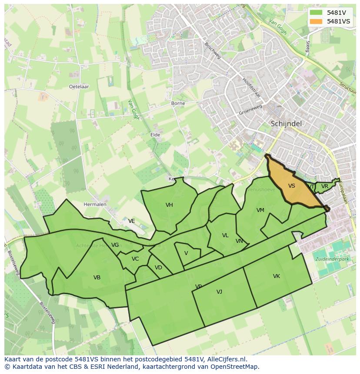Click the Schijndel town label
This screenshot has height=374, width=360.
(286, 123)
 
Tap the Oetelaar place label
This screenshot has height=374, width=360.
(79, 86)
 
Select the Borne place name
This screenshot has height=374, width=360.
(178, 103)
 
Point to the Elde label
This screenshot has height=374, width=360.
(155, 135)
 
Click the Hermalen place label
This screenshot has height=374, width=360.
(95, 204)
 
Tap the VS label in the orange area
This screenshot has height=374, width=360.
(292, 186)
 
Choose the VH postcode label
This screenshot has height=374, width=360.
(169, 205)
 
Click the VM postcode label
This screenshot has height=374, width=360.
(260, 210)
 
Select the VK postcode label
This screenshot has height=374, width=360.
(277, 276)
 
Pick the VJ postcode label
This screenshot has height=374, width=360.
(219, 292)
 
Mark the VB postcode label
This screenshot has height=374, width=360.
(97, 278)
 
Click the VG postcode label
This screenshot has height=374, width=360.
(115, 245)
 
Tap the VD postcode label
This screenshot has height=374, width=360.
(158, 268)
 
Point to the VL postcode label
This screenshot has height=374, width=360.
(225, 235)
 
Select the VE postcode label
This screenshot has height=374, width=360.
(131, 221)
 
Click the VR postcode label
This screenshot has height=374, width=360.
(324, 186)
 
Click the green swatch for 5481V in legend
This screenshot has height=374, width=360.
(317, 13)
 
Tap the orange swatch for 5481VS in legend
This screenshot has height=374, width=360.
(317, 21)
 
